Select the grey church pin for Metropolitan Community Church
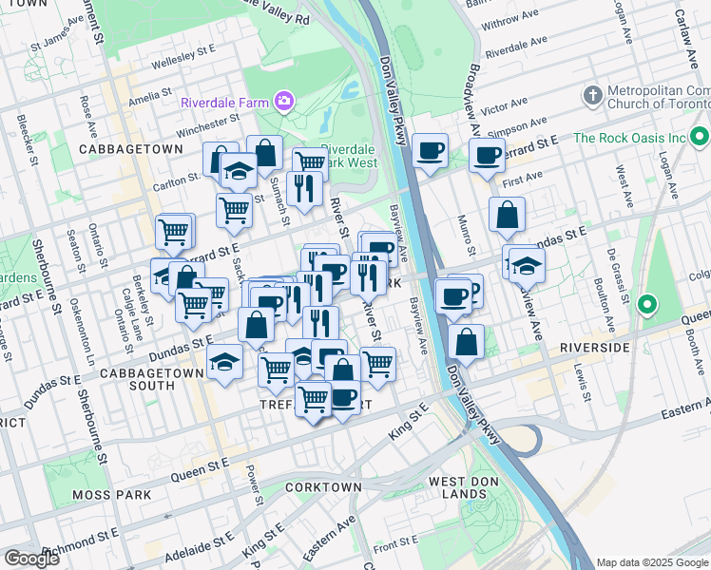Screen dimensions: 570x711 (x=592, y=96)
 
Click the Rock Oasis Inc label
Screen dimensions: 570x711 (x=628, y=138)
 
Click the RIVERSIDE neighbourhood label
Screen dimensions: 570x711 (x=595, y=349)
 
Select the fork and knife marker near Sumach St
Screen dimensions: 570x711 (x=304, y=187)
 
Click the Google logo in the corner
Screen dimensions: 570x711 (x=30, y=559)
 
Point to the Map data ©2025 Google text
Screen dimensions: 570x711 (x=651, y=562)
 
